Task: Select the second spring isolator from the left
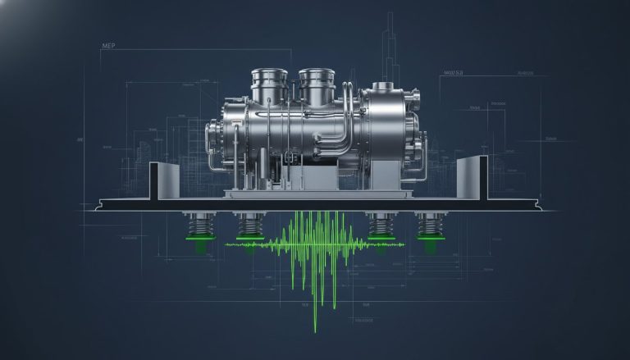[249, 229]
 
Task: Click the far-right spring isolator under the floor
[429, 229]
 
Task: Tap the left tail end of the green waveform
[230, 244]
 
